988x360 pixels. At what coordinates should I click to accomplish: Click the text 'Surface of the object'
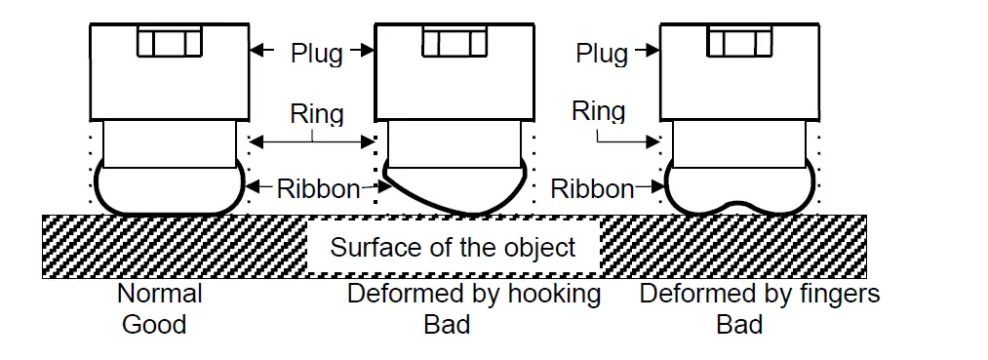(453, 247)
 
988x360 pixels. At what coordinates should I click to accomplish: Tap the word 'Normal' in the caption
(159, 294)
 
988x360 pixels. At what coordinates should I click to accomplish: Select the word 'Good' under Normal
(153, 324)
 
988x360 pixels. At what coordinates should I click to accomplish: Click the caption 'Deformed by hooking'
(474, 294)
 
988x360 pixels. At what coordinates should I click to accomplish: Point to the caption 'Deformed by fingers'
(759, 294)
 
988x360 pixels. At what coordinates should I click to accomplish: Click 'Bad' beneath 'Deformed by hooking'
(447, 324)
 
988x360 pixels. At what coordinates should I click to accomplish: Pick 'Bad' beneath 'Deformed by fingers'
(739, 324)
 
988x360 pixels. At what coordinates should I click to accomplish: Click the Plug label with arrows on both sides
(316, 53)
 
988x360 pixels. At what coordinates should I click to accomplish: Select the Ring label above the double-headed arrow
(317, 114)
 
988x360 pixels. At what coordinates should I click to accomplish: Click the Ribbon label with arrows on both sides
(318, 187)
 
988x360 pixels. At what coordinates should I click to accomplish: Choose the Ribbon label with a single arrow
(592, 187)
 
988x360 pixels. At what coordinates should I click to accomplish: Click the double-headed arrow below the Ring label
(312, 142)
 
